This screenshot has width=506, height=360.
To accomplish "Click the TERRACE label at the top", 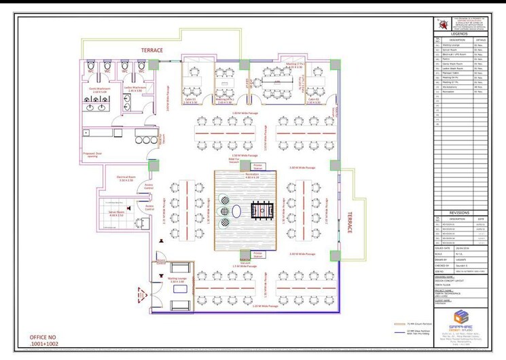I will coord(151,50).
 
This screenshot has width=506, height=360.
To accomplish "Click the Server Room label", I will coord(115,213).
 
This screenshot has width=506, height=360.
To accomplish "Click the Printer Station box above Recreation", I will coord(258,166).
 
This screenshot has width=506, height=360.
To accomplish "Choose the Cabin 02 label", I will coord(312,101).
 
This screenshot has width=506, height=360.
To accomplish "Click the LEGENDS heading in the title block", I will coord(459,33).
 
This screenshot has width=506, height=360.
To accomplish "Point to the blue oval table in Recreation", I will coord(235,212).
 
